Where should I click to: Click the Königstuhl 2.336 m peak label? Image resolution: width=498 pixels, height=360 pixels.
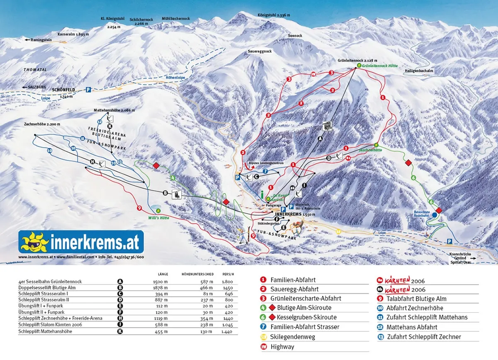[273, 15]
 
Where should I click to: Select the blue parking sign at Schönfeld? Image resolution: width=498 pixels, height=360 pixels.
[88, 90]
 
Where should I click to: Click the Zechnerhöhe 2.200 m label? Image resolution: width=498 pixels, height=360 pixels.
[42, 124]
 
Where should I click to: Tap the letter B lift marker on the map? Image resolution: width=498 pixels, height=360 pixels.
[165, 193]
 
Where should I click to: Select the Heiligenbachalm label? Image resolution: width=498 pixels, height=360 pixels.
[419, 71]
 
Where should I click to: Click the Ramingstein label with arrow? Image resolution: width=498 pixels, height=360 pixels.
[39, 40]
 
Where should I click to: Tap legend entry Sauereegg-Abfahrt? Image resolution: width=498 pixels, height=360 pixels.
[294, 289]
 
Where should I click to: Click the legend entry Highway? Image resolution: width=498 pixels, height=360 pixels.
[282, 346]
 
